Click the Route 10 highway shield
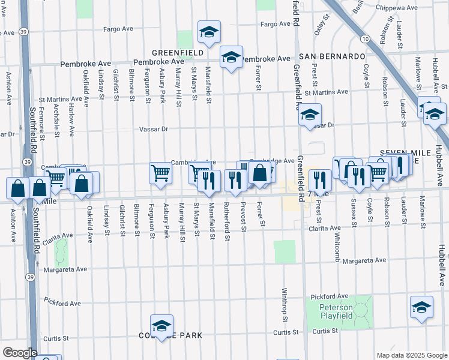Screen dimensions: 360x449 (x=365, y=39)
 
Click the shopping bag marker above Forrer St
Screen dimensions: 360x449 (x=260, y=174)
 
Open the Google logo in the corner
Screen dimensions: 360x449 (x=20, y=353)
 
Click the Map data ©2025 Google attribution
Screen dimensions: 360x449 (x=411, y=355)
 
